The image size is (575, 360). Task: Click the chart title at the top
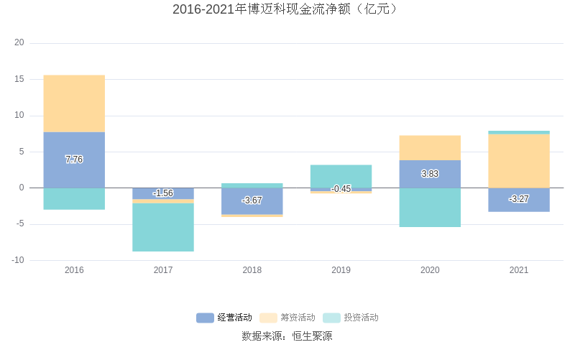[x=287, y=9]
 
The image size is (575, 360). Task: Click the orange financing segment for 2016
[x=74, y=103]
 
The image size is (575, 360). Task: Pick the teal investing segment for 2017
[x=163, y=227]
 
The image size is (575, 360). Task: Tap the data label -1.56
[x=163, y=193]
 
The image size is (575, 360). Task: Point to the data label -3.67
[x=252, y=200]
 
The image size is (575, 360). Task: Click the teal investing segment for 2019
[x=341, y=176]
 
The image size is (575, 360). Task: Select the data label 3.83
[x=430, y=174]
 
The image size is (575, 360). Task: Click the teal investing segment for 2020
[x=430, y=208]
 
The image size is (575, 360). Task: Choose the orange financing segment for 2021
[x=519, y=161]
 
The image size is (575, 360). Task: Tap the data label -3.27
[x=519, y=199]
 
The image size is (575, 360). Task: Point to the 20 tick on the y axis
[x=19, y=43]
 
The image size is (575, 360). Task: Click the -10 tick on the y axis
[x=18, y=260]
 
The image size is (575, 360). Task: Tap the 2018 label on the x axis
[x=252, y=271]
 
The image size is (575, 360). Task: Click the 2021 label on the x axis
[x=519, y=271]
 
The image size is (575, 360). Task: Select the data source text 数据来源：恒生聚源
[x=287, y=336]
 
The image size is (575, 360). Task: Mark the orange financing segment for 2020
[x=430, y=148]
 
